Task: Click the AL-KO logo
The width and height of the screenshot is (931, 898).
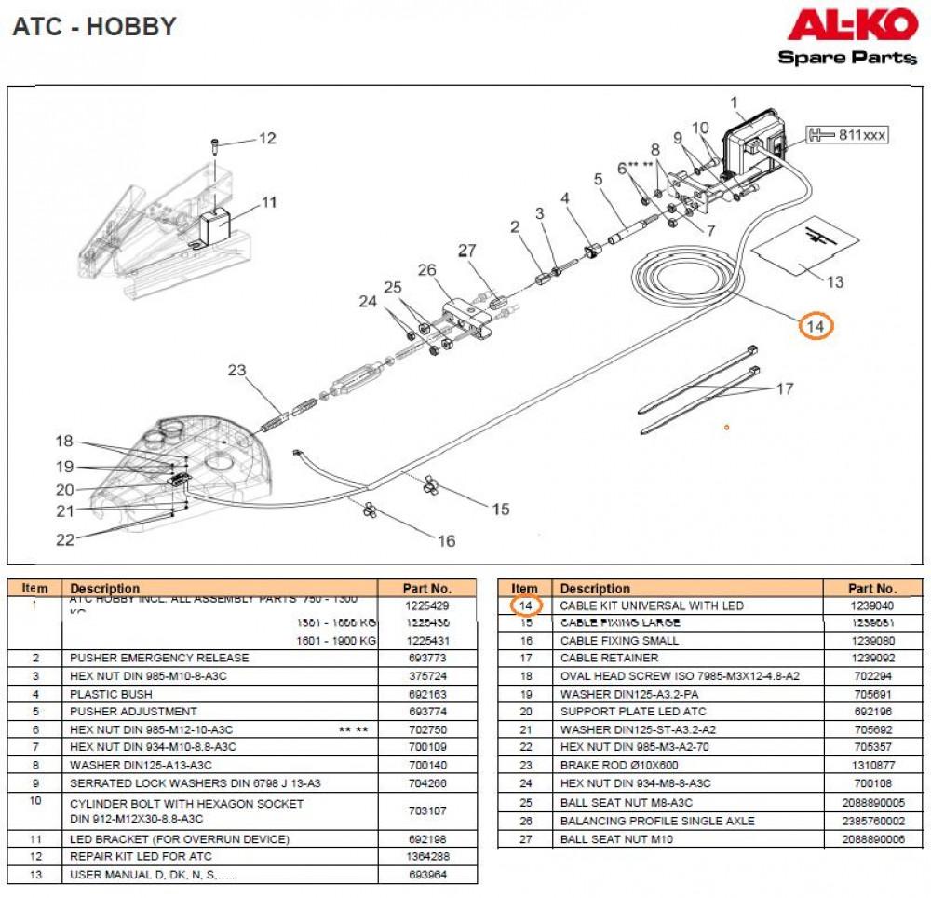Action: (852, 26)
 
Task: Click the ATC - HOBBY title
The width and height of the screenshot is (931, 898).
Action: (94, 27)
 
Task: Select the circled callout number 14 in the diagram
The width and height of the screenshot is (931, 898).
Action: (815, 326)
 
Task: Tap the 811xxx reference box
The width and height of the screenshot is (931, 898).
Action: (847, 135)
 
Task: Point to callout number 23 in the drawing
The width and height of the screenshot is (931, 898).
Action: (237, 370)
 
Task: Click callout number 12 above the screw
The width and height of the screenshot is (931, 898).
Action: (267, 139)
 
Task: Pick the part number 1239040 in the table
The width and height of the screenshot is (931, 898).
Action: (872, 605)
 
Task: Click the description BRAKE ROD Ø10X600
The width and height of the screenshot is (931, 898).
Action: (619, 765)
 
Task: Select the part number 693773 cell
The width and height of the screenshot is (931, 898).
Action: (427, 658)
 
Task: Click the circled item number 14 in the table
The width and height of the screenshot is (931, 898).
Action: (525, 605)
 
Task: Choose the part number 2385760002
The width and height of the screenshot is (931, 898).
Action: (872, 821)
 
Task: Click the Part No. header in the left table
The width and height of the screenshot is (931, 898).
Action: (427, 589)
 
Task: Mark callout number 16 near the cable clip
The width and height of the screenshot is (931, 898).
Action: (446, 540)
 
